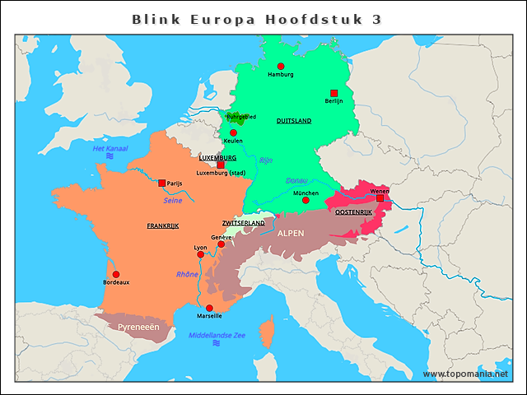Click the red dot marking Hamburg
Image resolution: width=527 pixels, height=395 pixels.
pyautogui.click(x=281, y=66)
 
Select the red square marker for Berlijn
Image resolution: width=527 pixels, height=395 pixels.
pyautogui.click(x=333, y=93)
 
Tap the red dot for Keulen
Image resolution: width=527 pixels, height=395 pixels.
pyautogui.click(x=233, y=132)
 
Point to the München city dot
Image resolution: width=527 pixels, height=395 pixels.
pyautogui.click(x=305, y=200)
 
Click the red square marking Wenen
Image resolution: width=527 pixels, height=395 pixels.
pyautogui.click(x=380, y=198)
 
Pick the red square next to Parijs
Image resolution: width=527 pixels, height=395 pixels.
pyautogui.click(x=161, y=183)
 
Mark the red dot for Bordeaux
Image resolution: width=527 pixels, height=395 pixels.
pyautogui.click(x=116, y=274)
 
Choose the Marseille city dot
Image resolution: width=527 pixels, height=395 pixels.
pyautogui.click(x=209, y=308)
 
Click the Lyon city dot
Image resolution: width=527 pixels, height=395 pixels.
pyautogui.click(x=201, y=255)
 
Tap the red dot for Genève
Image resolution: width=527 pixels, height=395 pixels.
pyautogui.click(x=221, y=244)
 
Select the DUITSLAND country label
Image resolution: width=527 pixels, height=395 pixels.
pyautogui.click(x=294, y=121)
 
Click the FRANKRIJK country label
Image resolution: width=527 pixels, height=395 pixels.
pyautogui.click(x=163, y=225)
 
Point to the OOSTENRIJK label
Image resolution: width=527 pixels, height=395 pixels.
pyautogui.click(x=354, y=212)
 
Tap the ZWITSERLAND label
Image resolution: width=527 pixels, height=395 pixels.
pyautogui.click(x=243, y=223)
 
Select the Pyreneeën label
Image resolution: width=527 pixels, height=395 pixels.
pyautogui.click(x=138, y=327)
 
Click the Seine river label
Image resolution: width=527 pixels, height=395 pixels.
pyautogui.click(x=173, y=200)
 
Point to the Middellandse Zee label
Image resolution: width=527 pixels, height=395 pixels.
pyautogui.click(x=217, y=335)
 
